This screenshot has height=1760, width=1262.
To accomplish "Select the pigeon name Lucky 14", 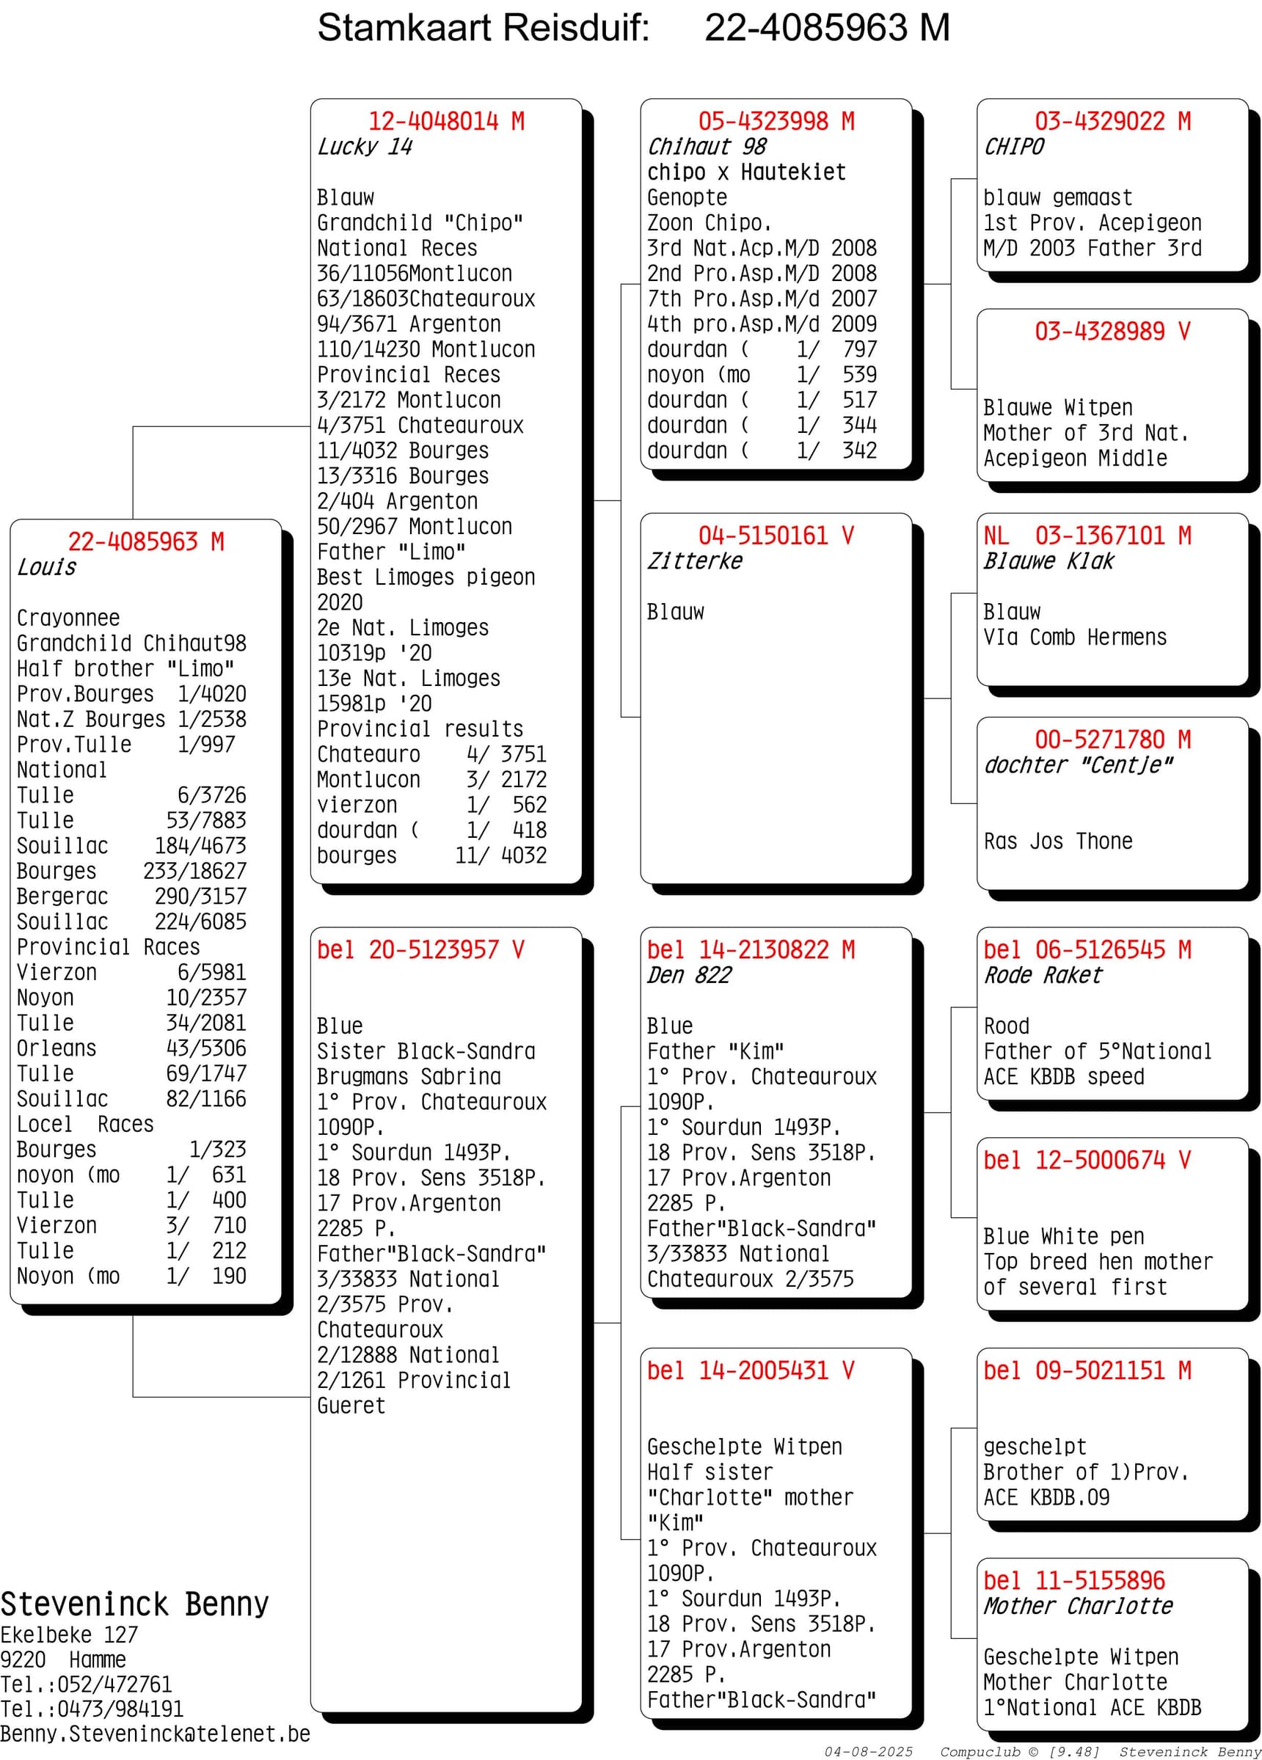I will point(365,147).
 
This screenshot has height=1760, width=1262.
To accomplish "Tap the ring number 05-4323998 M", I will point(776,121).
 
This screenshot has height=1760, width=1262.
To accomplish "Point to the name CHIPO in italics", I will point(1014,147).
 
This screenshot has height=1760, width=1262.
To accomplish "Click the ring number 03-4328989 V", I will point(1112,332).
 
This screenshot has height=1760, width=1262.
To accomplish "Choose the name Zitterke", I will point(695,561).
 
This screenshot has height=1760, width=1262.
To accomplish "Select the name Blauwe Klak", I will point(1048,561).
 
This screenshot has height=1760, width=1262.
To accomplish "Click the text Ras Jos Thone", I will point(1058,841).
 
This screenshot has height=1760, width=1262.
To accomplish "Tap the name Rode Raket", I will point(1043,976).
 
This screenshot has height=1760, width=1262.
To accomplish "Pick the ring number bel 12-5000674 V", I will point(1086,1160).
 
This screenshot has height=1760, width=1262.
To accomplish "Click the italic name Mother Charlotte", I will point(1078,1606).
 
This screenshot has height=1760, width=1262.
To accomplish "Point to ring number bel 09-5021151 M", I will point(1087,1370).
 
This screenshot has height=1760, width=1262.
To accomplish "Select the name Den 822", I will point(689,976).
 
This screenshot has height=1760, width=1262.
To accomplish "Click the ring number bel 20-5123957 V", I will point(420,950).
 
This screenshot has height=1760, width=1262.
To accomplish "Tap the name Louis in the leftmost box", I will point(46,567).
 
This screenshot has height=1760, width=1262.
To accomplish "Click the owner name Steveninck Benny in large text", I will point(134,1604).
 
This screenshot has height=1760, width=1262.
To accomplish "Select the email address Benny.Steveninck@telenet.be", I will point(156,1734).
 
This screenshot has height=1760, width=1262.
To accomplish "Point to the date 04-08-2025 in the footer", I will point(869,1751).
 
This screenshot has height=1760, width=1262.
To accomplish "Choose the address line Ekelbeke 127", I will point(69,1635).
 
